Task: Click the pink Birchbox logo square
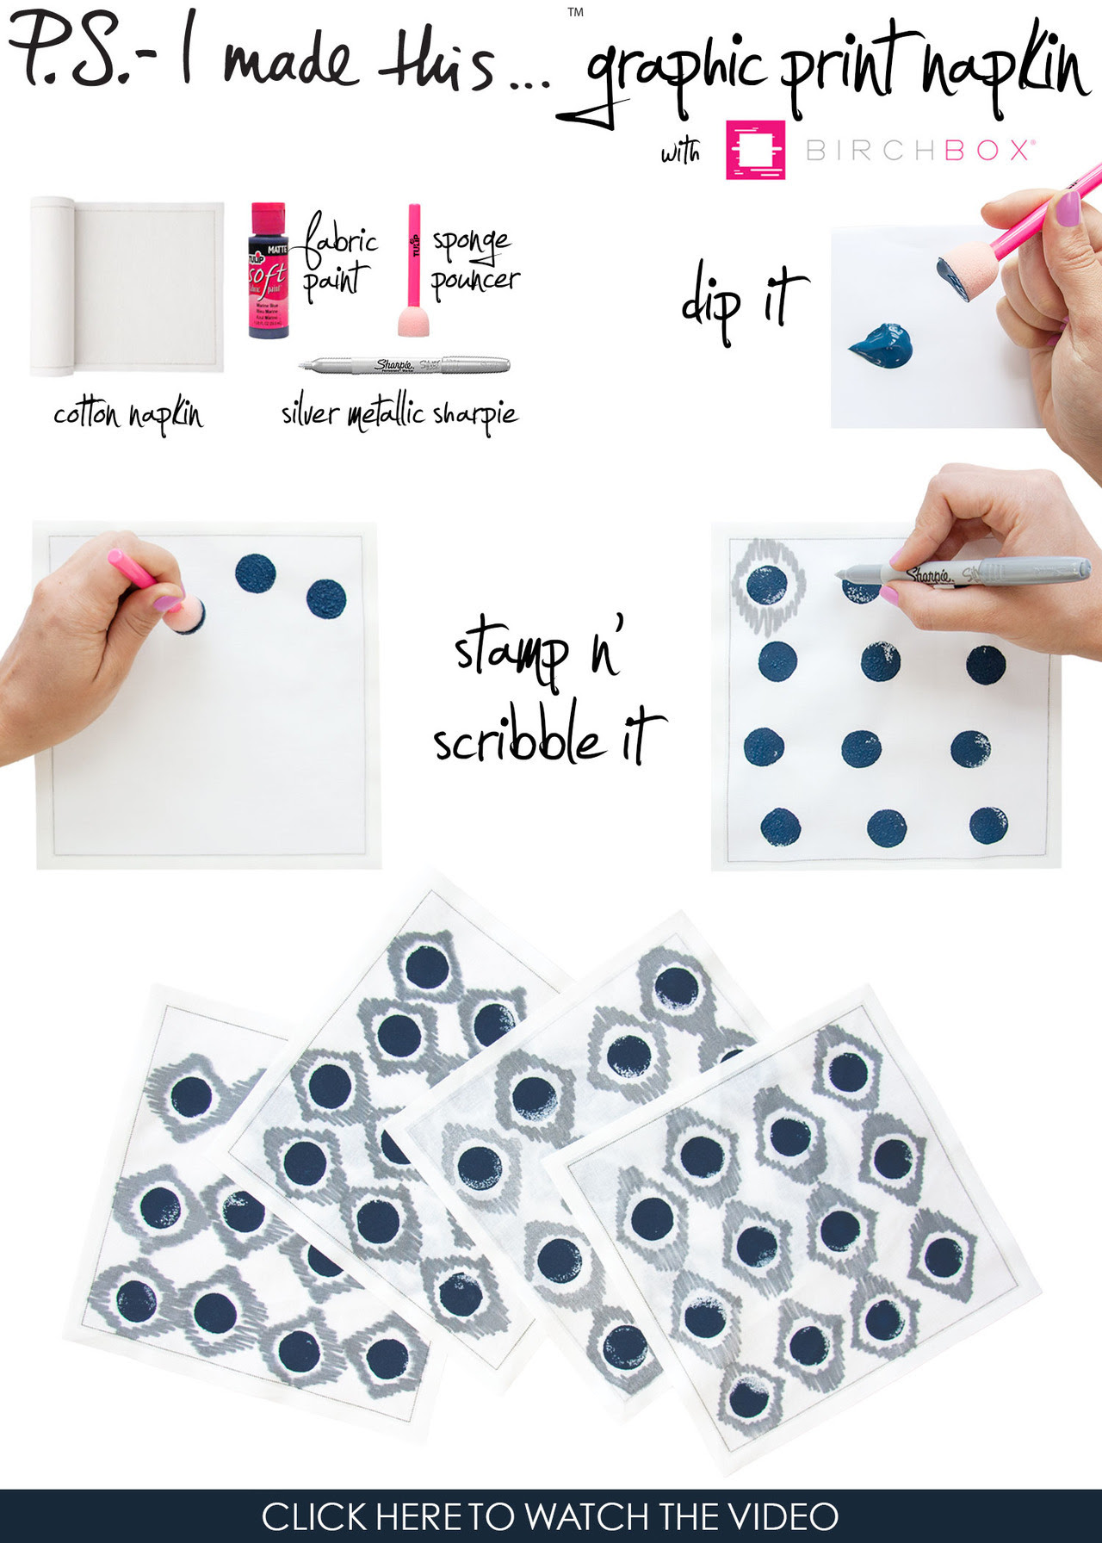click(755, 150)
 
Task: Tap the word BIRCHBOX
click(919, 151)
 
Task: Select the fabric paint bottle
click(268, 271)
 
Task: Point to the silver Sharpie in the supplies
click(405, 365)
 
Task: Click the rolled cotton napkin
click(127, 287)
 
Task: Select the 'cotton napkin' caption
click(128, 415)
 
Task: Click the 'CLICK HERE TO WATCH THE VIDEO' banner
click(551, 1516)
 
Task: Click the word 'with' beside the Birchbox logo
click(680, 152)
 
